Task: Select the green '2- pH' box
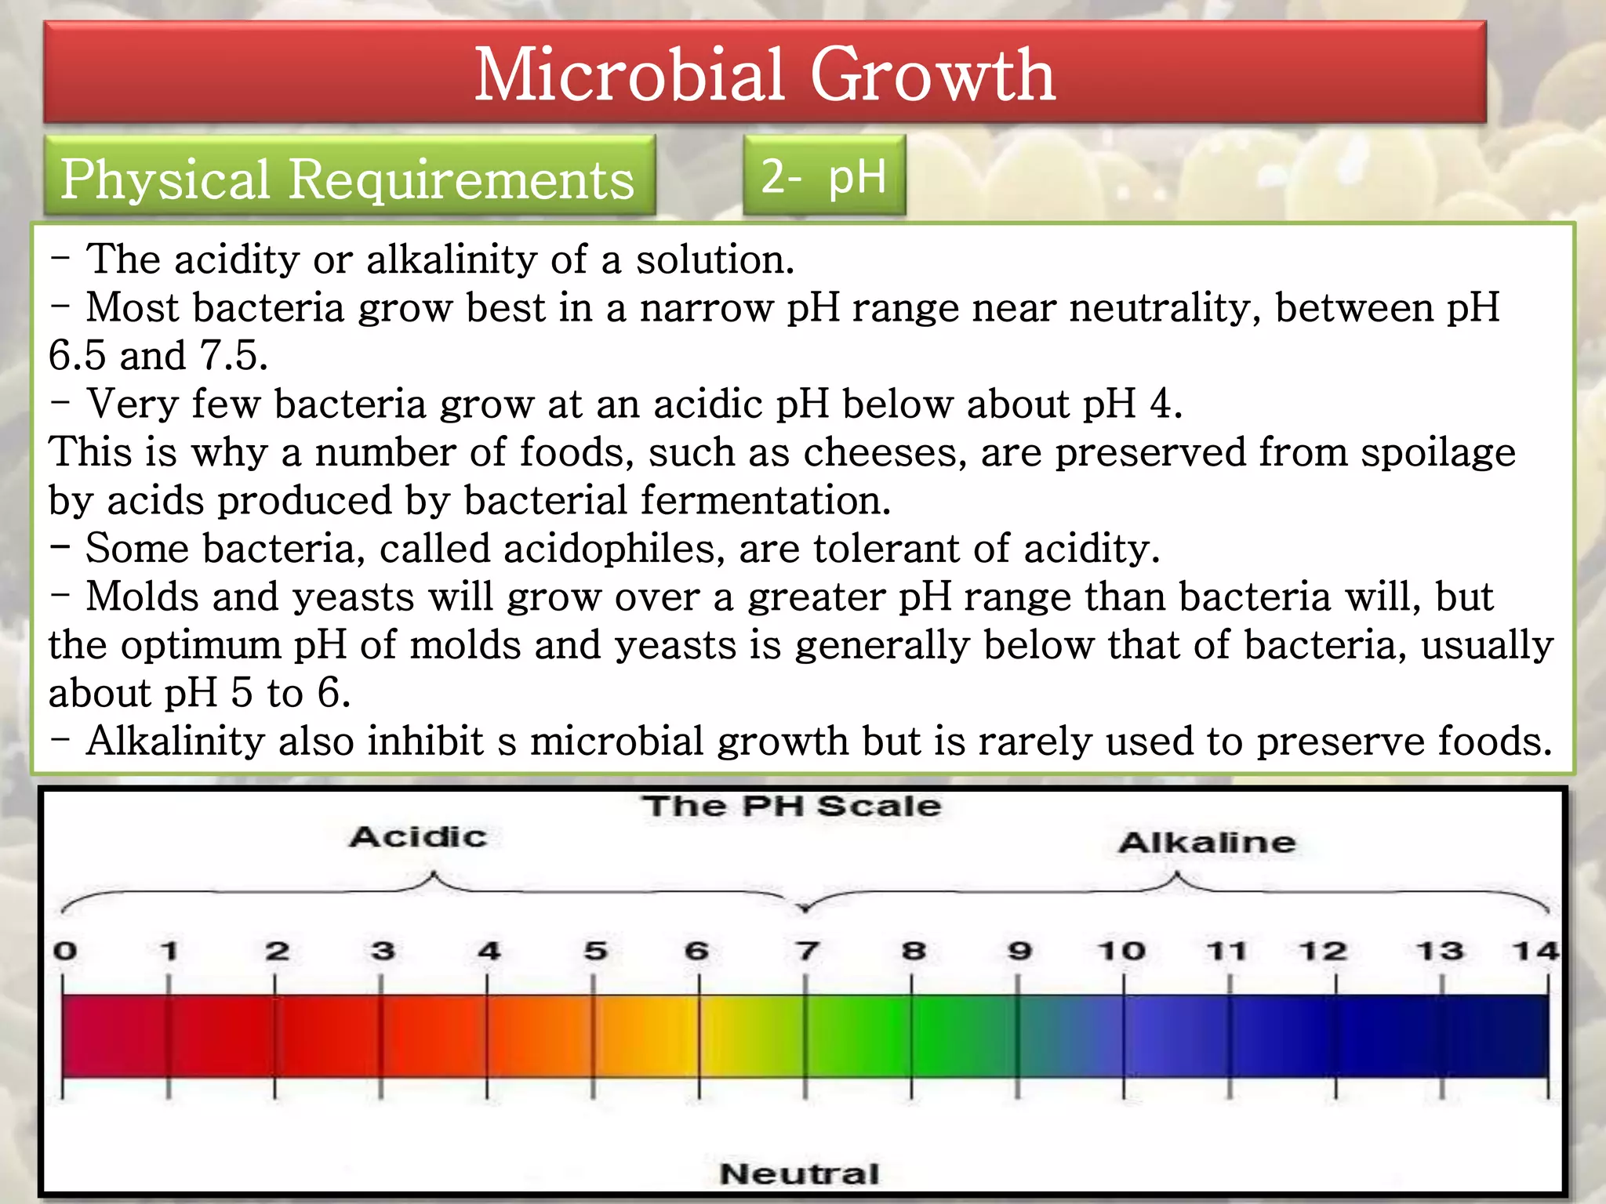(823, 176)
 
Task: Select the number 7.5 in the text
(234, 355)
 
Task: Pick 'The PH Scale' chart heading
(791, 807)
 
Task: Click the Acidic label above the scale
(418, 837)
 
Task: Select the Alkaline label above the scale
(1207, 843)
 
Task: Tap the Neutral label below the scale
(799, 1173)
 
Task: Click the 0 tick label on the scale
(65, 952)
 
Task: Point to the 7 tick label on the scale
(807, 952)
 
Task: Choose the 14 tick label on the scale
(1535, 952)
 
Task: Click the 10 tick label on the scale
(1121, 952)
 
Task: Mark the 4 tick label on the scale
(489, 952)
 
